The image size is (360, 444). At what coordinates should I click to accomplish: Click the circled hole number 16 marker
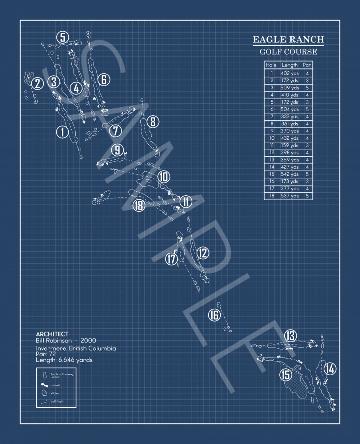point(214,315)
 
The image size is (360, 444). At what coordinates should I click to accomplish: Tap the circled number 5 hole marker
point(63,37)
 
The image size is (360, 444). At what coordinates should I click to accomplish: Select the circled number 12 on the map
point(203,252)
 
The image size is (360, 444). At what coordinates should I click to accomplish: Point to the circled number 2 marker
point(37,84)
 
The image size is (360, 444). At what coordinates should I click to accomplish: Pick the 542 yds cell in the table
point(289,174)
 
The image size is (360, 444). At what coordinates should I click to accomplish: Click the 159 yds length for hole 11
point(289,145)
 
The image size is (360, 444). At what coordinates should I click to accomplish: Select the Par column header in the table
point(307,65)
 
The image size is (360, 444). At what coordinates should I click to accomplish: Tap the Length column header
point(289,65)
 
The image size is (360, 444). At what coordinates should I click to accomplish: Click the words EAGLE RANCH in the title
point(288,40)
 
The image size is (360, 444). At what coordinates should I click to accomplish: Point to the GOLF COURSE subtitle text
point(288,52)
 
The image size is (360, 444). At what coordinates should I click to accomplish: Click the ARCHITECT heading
point(52,334)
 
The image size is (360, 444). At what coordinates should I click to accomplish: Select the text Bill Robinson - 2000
point(66,341)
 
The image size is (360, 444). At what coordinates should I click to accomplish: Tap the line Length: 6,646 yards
point(64,360)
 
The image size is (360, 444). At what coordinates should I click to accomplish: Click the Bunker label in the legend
point(55,385)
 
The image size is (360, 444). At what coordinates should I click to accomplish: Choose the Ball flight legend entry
point(57,401)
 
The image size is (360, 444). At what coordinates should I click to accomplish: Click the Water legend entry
point(55,393)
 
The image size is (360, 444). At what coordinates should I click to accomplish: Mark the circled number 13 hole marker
point(290,336)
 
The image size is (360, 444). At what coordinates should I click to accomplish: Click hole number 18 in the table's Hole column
point(272,196)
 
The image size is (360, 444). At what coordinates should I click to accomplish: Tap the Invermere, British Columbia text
point(76,348)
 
